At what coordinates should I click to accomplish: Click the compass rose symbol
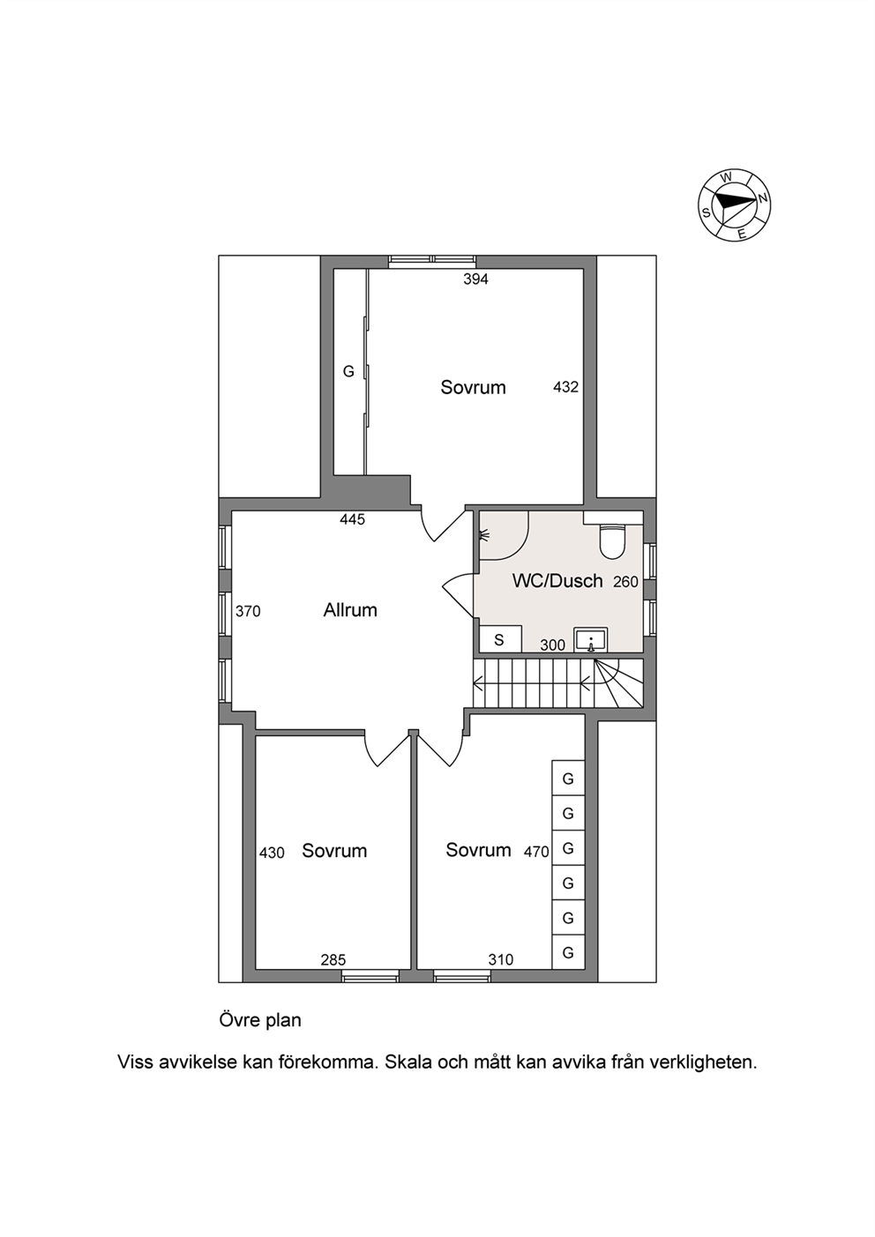click(735, 205)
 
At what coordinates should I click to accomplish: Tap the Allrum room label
click(350, 610)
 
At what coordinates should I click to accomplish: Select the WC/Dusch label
click(557, 581)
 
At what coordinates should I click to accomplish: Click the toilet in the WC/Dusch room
click(613, 541)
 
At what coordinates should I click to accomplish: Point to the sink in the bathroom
click(590, 641)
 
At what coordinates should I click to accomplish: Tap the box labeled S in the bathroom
click(500, 639)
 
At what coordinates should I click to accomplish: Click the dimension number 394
click(475, 279)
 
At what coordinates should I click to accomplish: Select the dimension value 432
click(565, 387)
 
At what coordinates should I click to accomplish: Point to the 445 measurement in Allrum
click(353, 519)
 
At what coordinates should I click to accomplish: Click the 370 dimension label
click(248, 611)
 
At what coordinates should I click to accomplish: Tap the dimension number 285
click(333, 960)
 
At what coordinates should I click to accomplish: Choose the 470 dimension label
click(536, 852)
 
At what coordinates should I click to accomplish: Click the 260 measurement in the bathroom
click(626, 582)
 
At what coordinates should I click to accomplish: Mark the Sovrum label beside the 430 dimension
click(334, 851)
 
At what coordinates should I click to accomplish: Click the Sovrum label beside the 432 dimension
click(473, 388)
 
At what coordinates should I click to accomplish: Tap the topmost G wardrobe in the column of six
click(568, 779)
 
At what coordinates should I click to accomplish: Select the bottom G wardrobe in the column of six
click(568, 952)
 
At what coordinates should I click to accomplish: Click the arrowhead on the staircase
click(478, 688)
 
